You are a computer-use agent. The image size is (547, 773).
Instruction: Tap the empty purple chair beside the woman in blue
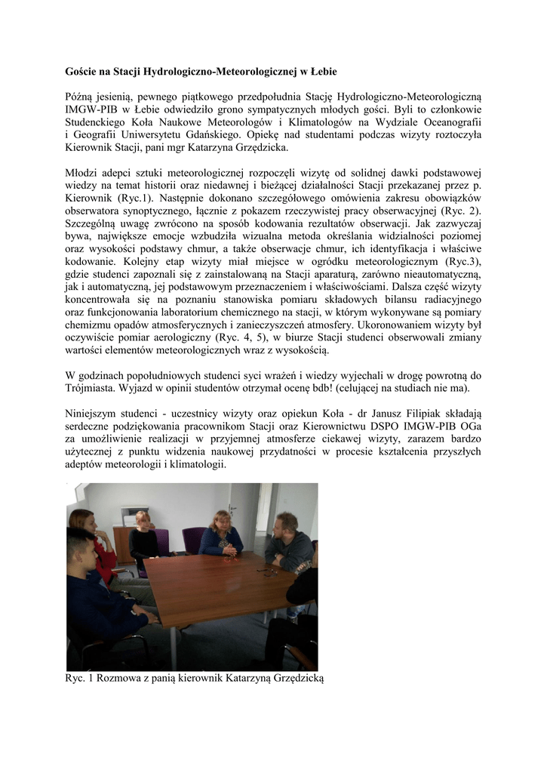click(x=190, y=538)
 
